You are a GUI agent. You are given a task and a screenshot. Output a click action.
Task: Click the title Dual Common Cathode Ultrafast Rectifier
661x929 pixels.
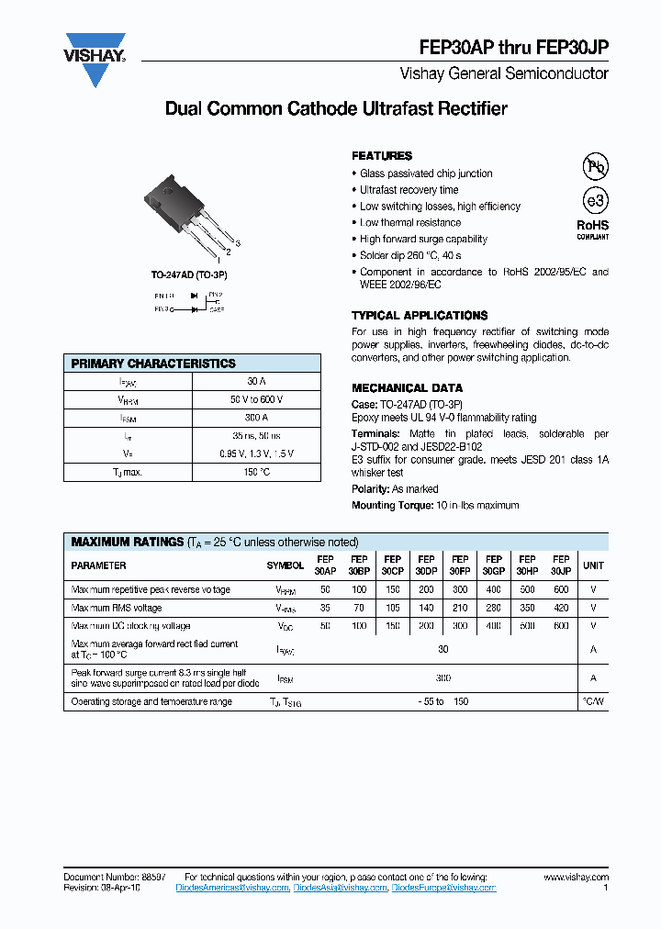[x=336, y=109]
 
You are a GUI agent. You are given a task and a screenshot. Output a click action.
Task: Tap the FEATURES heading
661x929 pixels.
[x=382, y=156]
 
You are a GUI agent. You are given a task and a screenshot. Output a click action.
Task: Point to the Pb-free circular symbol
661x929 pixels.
[x=596, y=166]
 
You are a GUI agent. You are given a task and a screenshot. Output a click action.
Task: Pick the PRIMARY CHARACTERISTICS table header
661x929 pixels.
[x=153, y=364]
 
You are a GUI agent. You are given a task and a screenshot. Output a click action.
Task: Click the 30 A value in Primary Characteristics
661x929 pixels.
[x=256, y=381]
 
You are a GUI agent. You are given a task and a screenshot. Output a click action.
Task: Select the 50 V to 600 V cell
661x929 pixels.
[x=256, y=399]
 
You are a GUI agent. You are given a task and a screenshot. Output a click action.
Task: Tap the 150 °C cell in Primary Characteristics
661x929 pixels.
[x=256, y=472]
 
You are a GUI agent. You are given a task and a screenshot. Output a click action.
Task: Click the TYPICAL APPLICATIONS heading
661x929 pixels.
[x=420, y=316]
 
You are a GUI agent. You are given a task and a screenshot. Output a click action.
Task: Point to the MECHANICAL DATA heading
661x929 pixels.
[x=407, y=388]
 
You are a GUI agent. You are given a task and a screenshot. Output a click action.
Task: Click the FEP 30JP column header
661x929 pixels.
[x=561, y=565]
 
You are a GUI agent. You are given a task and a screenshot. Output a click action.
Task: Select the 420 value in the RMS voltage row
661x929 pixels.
[x=561, y=608]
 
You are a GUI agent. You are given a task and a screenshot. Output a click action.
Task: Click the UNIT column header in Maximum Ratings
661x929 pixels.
[x=594, y=565]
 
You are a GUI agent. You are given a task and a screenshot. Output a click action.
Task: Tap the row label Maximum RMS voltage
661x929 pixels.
[x=117, y=608]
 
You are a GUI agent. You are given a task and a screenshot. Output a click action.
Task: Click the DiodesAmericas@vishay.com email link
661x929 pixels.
[x=238, y=888]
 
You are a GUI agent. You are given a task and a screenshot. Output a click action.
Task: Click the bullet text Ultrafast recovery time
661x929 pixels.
[x=409, y=190]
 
